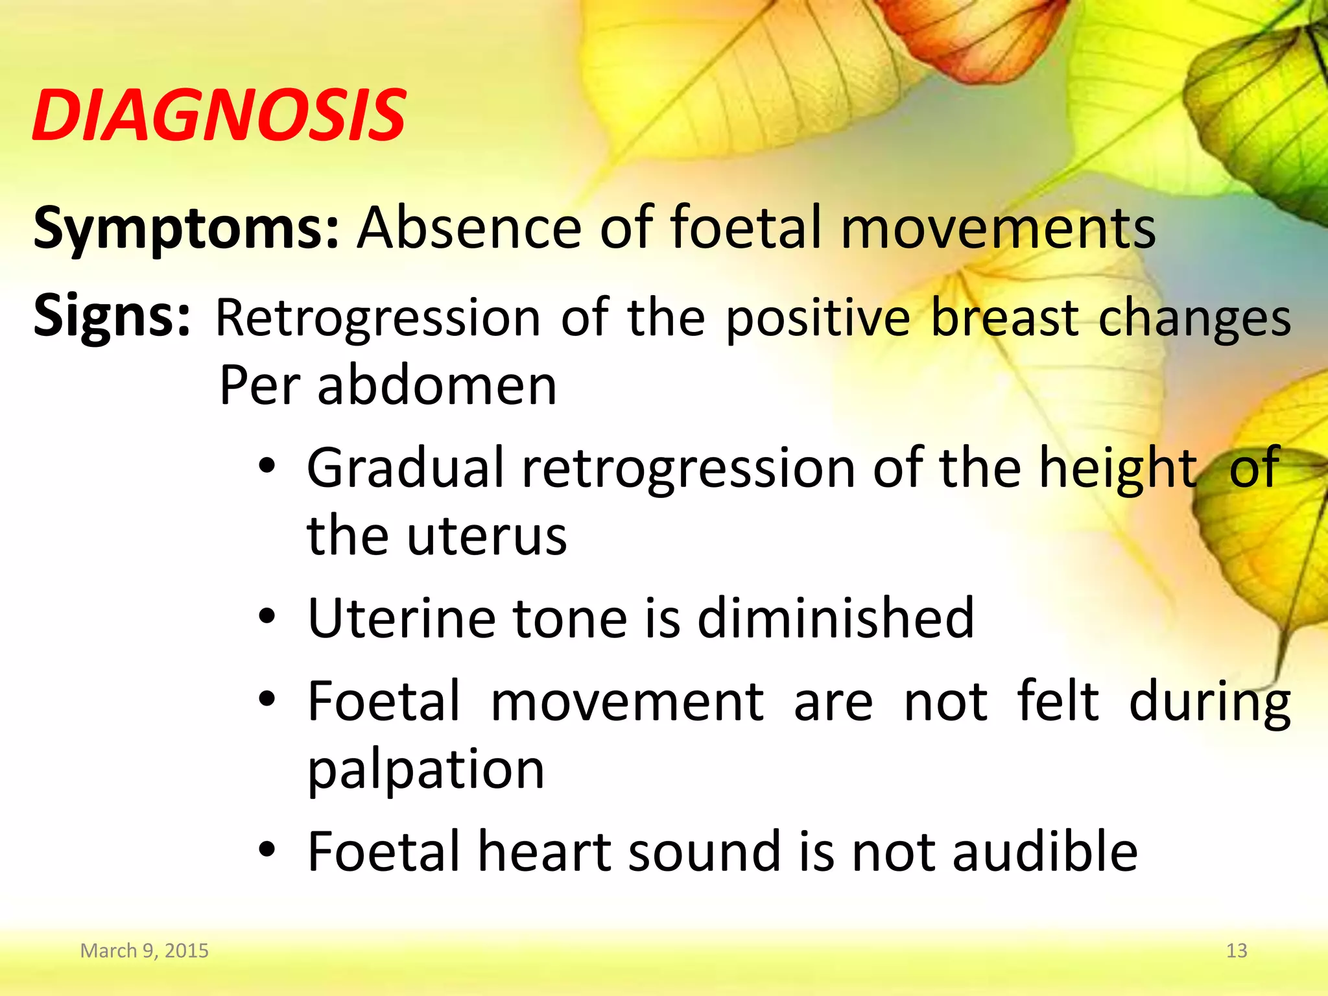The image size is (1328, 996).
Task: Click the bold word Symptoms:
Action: point(185,228)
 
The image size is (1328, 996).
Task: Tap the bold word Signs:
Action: point(112,316)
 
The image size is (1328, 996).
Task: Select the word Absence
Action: point(469,228)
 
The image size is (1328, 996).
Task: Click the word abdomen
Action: point(437,386)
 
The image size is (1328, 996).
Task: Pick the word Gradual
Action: point(406,468)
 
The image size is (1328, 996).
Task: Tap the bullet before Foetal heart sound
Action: point(267,850)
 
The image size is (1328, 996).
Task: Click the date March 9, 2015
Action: point(144,951)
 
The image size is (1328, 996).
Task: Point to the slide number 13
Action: point(1237,951)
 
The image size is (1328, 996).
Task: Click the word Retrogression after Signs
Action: point(378,319)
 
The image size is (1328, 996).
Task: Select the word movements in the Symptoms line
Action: point(998,228)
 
